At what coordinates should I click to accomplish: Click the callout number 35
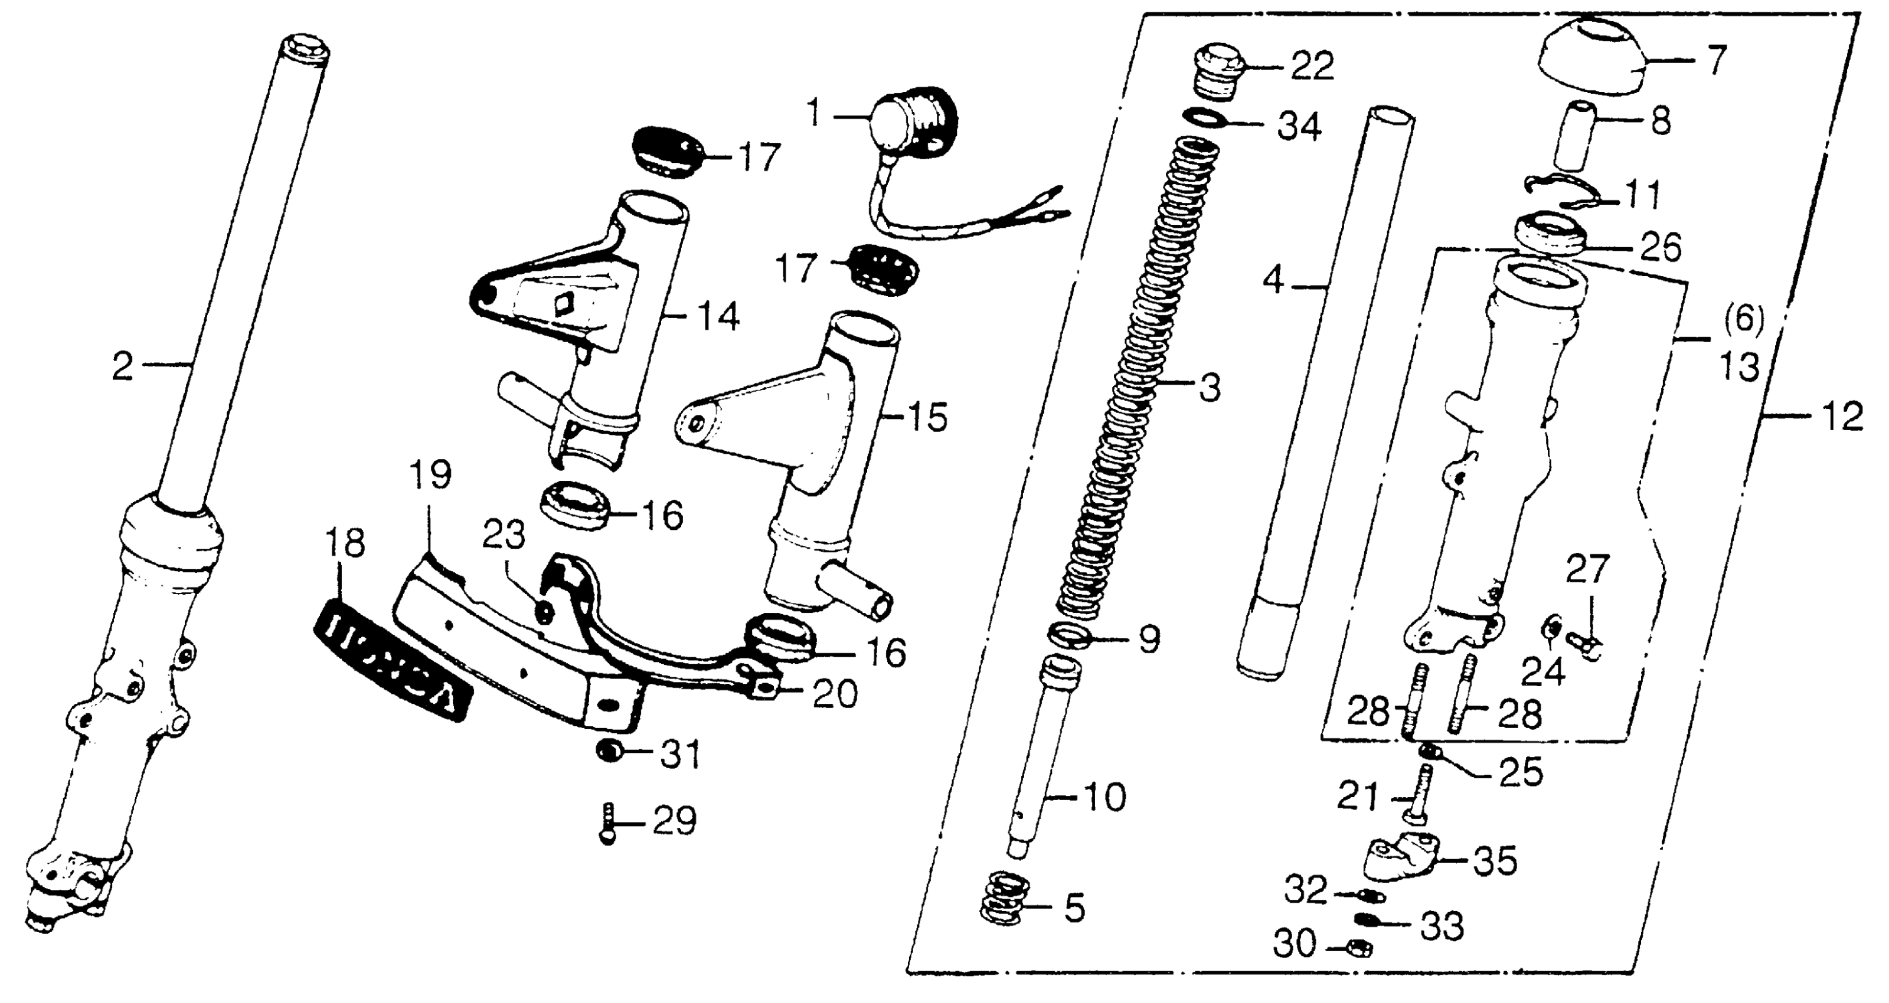tap(1495, 861)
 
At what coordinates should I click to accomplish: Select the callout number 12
tap(1841, 418)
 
